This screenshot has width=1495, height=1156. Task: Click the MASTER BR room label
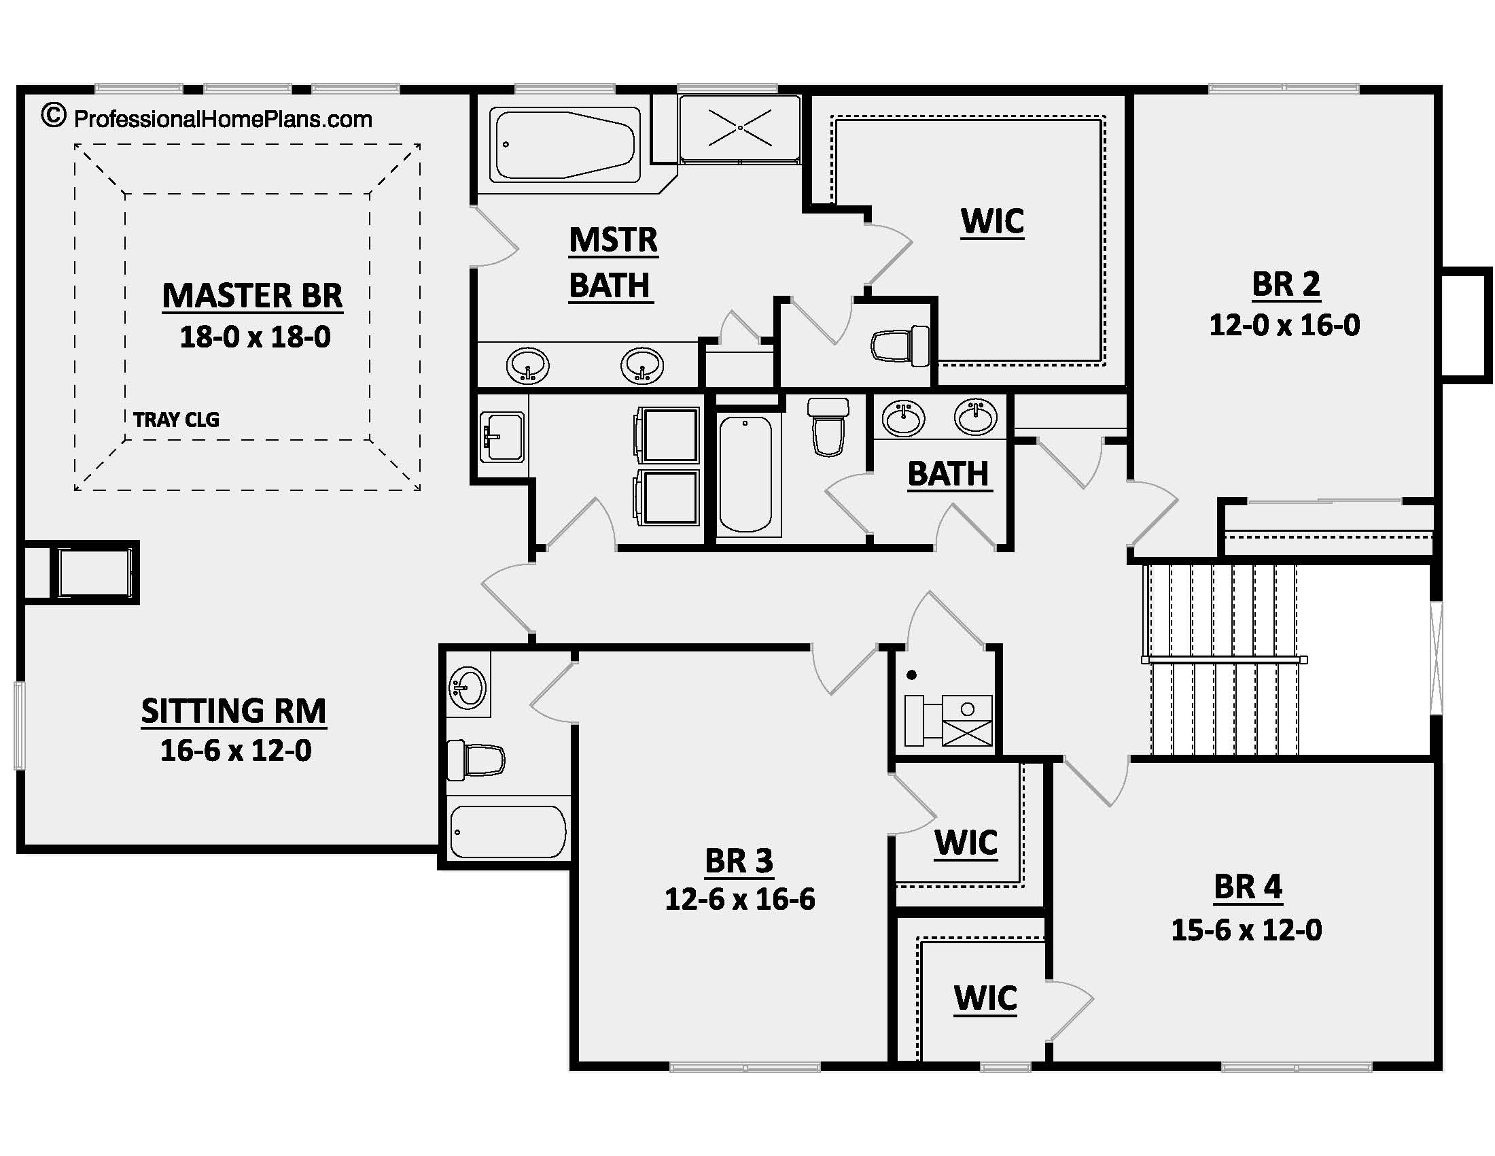pos(253,296)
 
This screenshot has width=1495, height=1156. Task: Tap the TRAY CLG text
pos(177,419)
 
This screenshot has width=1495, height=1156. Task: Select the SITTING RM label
pos(233,711)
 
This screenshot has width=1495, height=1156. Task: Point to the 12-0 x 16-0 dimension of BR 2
pos(1285,324)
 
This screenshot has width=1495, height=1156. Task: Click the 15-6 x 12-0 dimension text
pos(1246,930)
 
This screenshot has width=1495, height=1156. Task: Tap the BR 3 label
pos(739,861)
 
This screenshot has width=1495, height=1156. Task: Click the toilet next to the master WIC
pos(900,346)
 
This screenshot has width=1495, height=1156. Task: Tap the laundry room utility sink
pos(502,437)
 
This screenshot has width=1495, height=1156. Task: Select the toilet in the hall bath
pos(828,426)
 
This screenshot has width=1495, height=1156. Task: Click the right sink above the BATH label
pos(976,416)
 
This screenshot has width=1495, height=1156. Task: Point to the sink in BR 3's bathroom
pos(468,687)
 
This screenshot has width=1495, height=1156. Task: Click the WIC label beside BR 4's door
pos(986,998)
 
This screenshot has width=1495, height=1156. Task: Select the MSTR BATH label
pos(613,263)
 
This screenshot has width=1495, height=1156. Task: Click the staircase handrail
pos(1224,660)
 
